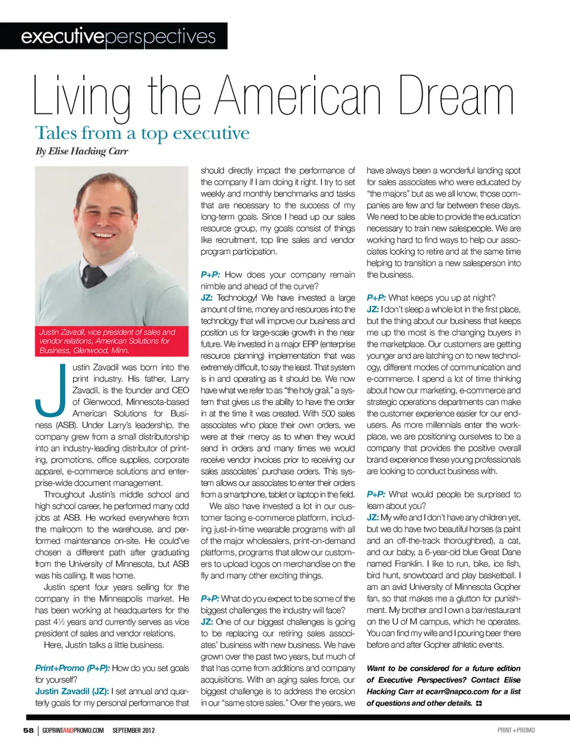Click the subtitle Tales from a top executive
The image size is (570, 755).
point(142,133)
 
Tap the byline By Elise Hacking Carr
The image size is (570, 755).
point(82,151)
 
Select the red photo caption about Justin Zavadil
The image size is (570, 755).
point(112,341)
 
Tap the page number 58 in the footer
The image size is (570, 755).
point(28,730)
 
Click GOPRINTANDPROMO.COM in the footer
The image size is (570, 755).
point(73,730)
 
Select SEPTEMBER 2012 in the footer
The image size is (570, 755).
point(134,730)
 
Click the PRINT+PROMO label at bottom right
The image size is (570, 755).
point(516,730)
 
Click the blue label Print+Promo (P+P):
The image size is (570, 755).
point(72,668)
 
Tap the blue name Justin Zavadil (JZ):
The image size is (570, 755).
point(71,691)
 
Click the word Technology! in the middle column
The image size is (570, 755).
point(237,298)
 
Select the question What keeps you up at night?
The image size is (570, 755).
point(442,298)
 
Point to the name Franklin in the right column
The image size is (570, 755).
point(412,564)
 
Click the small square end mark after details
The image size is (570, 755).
point(479,703)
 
